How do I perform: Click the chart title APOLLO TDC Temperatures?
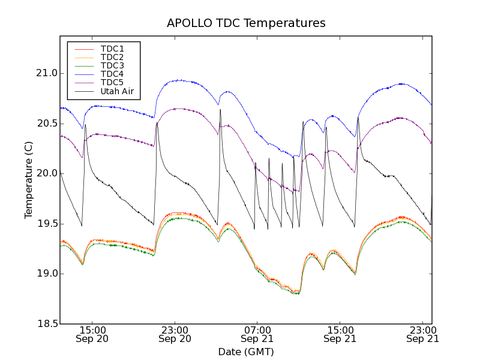246,23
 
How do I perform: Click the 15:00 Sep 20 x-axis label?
93,334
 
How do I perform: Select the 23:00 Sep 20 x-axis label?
175,334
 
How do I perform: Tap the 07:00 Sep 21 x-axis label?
257,334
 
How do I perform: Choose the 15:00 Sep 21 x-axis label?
340,334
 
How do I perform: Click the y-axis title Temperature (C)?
29,180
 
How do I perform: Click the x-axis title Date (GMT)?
246,352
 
